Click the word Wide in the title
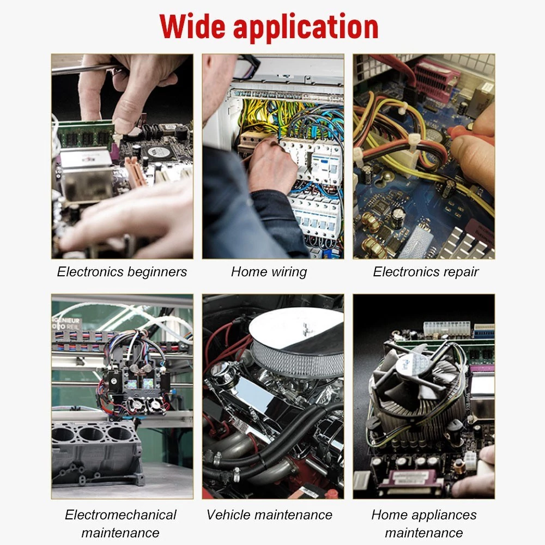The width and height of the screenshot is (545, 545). (x=192, y=26)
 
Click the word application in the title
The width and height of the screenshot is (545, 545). (x=306, y=28)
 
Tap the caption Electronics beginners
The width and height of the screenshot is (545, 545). (x=122, y=272)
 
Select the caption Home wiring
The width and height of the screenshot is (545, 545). (x=269, y=272)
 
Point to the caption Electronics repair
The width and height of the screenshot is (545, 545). (x=426, y=272)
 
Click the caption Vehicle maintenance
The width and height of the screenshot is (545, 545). (x=269, y=515)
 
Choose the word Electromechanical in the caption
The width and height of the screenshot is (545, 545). (x=120, y=515)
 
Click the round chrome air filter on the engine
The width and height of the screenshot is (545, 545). (x=296, y=342)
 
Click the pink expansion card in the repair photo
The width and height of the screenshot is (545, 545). (x=436, y=78)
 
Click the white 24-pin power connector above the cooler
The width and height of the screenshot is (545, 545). (x=447, y=329)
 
